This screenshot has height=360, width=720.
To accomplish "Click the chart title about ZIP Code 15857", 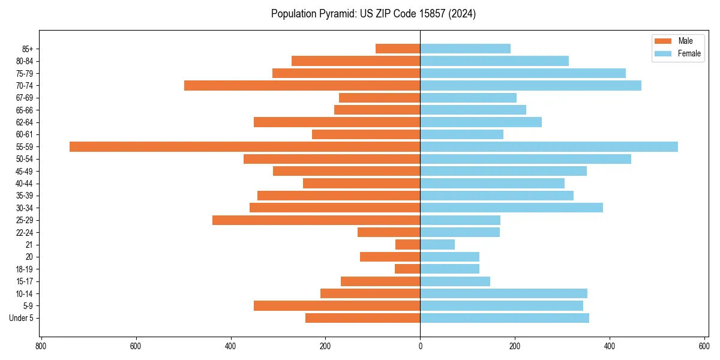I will [x=373, y=14].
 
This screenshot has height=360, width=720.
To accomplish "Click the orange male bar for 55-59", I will [x=245, y=147].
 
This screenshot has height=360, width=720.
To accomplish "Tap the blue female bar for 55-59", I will [x=549, y=147].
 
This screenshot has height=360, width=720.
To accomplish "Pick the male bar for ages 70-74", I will [x=302, y=86].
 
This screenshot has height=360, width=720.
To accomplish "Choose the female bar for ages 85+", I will [x=465, y=49].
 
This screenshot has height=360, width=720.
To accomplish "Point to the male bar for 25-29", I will [x=316, y=220].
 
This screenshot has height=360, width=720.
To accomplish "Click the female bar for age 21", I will [x=437, y=245].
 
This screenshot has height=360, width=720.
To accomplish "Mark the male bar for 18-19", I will [x=407, y=269].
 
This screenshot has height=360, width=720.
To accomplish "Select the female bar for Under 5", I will [x=505, y=318].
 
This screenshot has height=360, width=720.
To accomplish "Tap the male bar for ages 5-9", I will [x=337, y=306].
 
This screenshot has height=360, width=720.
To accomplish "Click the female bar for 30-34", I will [x=511, y=208].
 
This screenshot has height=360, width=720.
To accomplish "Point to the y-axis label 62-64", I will [x=25, y=122].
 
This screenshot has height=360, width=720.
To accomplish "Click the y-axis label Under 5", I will [x=21, y=318].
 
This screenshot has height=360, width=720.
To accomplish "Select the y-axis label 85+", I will [x=27, y=49].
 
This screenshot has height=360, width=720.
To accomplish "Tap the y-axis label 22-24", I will [x=25, y=233].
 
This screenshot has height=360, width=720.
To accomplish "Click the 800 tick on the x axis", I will [x=41, y=346].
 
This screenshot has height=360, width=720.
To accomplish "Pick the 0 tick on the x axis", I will [x=420, y=346].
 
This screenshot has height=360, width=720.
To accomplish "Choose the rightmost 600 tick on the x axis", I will [x=704, y=346].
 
